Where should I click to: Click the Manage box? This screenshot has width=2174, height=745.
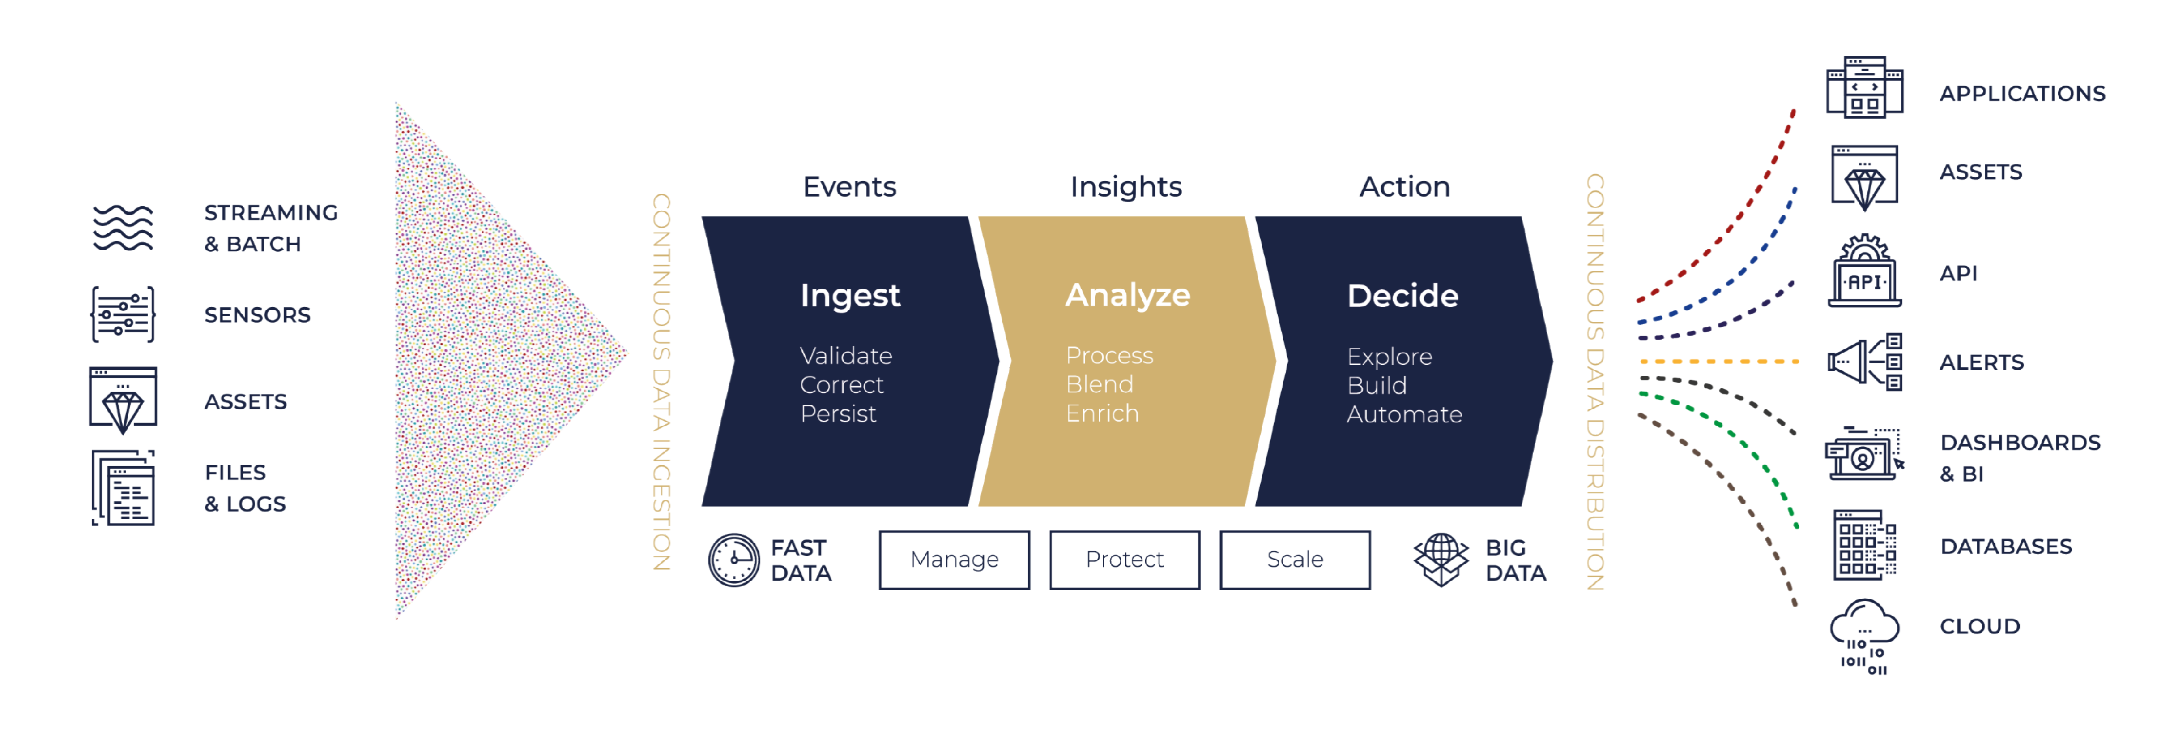[x=955, y=559]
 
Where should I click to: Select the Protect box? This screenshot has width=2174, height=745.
[x=1125, y=559]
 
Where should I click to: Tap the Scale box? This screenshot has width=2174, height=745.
[x=1296, y=559]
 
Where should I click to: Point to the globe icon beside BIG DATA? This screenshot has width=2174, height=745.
[x=1441, y=559]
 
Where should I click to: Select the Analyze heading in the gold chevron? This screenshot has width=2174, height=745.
[x=1128, y=295]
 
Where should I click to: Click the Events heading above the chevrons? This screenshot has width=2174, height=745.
[x=849, y=186]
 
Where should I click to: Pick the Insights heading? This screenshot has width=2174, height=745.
[x=1126, y=186]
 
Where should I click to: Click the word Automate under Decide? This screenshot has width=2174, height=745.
[x=1404, y=414]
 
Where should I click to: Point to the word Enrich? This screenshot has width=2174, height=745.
[x=1102, y=413]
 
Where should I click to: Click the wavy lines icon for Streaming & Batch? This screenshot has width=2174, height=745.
[x=122, y=228]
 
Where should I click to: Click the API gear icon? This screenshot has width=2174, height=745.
[x=1865, y=271]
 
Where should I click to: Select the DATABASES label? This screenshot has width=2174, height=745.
[x=2006, y=547]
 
